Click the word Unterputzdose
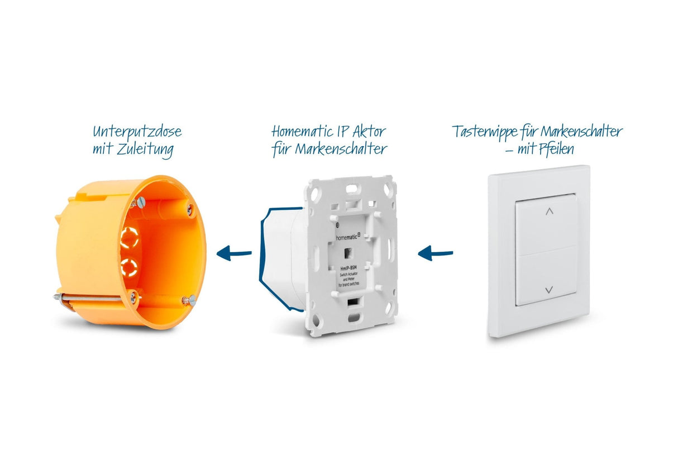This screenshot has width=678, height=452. [137, 133]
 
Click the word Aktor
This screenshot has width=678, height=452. [368, 132]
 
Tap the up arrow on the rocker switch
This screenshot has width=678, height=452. [549, 211]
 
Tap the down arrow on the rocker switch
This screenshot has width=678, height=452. [548, 290]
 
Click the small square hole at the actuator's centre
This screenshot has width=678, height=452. [348, 252]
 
